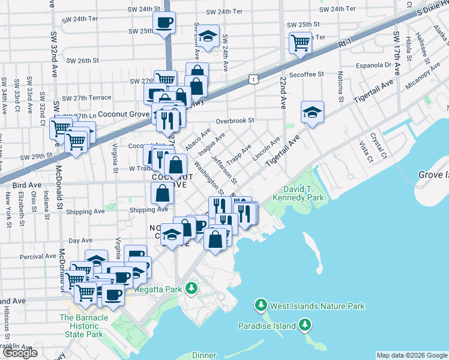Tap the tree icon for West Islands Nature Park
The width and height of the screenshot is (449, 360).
click(261, 306)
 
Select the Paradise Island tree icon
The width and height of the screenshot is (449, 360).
click(306, 325)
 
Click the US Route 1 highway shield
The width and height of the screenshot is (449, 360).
click(254, 79)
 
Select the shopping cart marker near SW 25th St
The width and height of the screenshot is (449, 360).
click(300, 43)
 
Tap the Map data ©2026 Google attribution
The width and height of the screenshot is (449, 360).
click(412, 355)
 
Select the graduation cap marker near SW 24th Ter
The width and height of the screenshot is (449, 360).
click(208, 37)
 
